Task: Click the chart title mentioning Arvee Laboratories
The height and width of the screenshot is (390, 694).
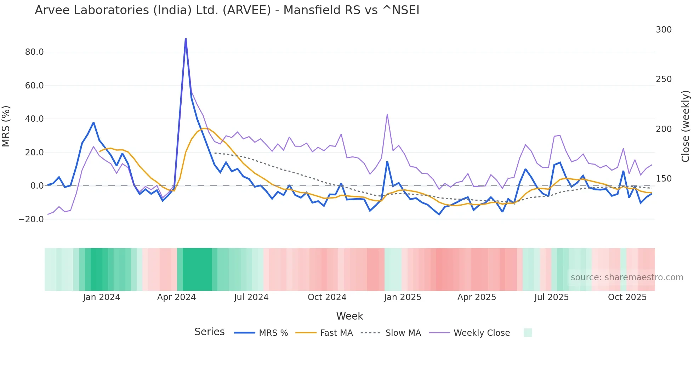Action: (x=227, y=10)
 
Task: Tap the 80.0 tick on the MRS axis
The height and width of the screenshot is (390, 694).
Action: (x=34, y=52)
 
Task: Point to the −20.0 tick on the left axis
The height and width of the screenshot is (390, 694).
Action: (x=31, y=219)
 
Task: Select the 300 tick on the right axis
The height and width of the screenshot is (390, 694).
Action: (x=664, y=30)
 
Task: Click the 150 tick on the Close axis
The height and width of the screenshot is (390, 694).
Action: (x=664, y=179)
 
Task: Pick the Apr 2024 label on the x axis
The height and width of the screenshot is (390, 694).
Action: (x=176, y=297)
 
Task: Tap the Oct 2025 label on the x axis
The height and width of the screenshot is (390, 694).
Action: (x=627, y=297)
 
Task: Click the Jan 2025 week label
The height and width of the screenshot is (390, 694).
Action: (x=403, y=297)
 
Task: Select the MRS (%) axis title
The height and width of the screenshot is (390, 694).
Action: (x=6, y=126)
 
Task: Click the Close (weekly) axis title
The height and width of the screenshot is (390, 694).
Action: (x=686, y=126)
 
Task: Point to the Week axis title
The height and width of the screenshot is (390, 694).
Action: (x=349, y=316)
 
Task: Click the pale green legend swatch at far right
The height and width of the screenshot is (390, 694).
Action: (x=528, y=333)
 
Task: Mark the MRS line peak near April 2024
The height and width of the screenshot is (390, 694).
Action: (x=186, y=39)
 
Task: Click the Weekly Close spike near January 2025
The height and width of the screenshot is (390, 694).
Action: (x=387, y=114)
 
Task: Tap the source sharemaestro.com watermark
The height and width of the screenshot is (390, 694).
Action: (x=627, y=277)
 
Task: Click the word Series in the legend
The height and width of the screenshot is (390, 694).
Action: (x=209, y=332)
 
